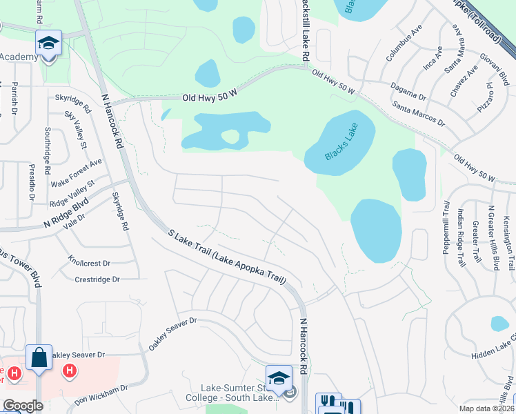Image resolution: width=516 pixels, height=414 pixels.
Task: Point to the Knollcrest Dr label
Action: [x=89, y=263]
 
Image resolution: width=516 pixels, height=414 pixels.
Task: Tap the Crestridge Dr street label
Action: [x=97, y=279]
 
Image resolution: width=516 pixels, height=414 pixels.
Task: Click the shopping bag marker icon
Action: [x=39, y=357]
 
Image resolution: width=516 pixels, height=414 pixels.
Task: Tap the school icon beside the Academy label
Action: [x=48, y=42]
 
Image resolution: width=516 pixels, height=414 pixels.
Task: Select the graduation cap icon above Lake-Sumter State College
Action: [x=279, y=377]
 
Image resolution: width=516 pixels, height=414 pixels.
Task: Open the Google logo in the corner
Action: [x=22, y=406]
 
